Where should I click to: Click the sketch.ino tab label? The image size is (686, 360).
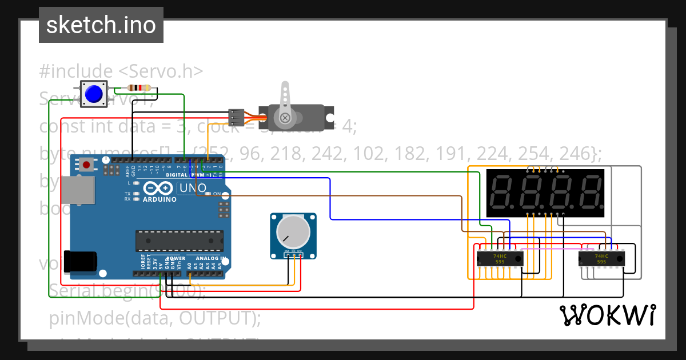coord(101,25)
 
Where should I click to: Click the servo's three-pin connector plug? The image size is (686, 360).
coord(236,117)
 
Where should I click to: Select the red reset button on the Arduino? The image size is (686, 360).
coord(86,165)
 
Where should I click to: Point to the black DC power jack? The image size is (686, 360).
coord(79,262)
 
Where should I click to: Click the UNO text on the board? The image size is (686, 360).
coord(193,188)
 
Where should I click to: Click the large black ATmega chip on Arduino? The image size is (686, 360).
coord(180,241)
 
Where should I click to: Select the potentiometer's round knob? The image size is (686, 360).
coord(293,232)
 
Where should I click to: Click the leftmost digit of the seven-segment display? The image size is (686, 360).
coord(502,192)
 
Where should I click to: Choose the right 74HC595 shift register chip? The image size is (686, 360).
coord(601,258)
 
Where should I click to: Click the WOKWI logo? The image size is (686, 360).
coord(607,315)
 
